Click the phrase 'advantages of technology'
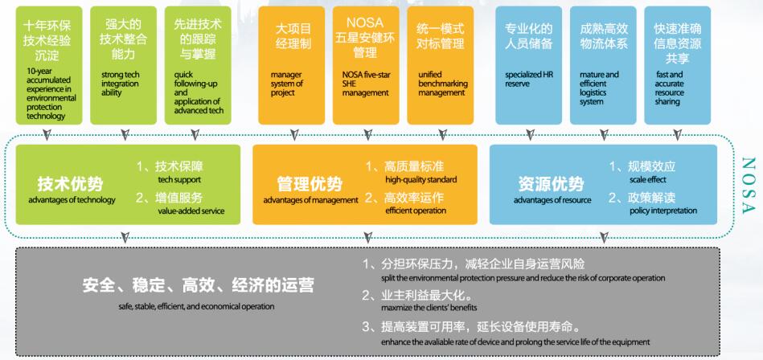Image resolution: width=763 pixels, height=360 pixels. [x=72, y=200]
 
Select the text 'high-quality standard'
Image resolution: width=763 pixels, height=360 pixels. [x=420, y=180]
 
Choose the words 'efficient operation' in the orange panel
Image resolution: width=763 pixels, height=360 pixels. [x=415, y=211]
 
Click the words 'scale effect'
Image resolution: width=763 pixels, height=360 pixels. [x=647, y=180]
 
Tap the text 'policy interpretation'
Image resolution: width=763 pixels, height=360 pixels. [x=664, y=211]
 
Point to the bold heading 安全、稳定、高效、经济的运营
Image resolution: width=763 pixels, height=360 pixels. [x=198, y=285]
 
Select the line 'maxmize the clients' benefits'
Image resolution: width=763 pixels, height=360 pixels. [x=429, y=308]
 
